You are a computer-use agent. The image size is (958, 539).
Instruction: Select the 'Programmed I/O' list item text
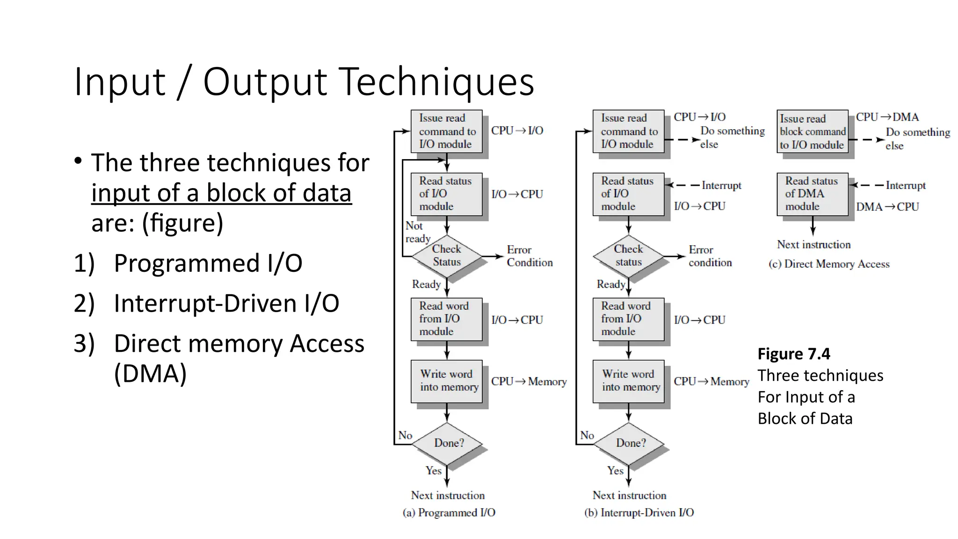(x=208, y=263)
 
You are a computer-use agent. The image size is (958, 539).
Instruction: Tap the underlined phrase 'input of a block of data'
(x=221, y=193)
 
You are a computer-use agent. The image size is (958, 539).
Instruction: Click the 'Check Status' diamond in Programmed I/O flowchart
(x=447, y=256)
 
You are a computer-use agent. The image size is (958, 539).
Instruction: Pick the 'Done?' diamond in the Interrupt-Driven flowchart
(x=629, y=443)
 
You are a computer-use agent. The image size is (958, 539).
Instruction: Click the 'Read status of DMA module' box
(x=812, y=194)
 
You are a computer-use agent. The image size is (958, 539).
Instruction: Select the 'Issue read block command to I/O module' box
(x=812, y=131)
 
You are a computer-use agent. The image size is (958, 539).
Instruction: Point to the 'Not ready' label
(x=416, y=232)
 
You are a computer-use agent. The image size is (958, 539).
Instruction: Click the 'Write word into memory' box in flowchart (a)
(x=447, y=381)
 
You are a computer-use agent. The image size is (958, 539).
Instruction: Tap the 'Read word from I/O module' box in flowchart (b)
(x=628, y=319)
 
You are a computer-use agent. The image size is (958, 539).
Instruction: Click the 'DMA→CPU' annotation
(x=887, y=207)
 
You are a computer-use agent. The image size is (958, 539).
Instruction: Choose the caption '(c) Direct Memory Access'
(x=829, y=264)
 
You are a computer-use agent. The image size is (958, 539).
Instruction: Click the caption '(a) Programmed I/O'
(x=449, y=512)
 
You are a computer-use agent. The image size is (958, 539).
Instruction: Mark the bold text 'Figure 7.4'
(x=794, y=354)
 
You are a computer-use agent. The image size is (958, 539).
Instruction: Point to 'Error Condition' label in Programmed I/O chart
(x=529, y=256)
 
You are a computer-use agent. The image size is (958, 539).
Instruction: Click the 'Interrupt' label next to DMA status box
(x=906, y=185)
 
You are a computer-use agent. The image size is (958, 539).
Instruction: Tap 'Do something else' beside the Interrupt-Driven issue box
(x=732, y=137)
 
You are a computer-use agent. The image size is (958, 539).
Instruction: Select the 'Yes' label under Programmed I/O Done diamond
(x=434, y=470)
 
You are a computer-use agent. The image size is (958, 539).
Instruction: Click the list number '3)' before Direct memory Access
(x=84, y=343)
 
